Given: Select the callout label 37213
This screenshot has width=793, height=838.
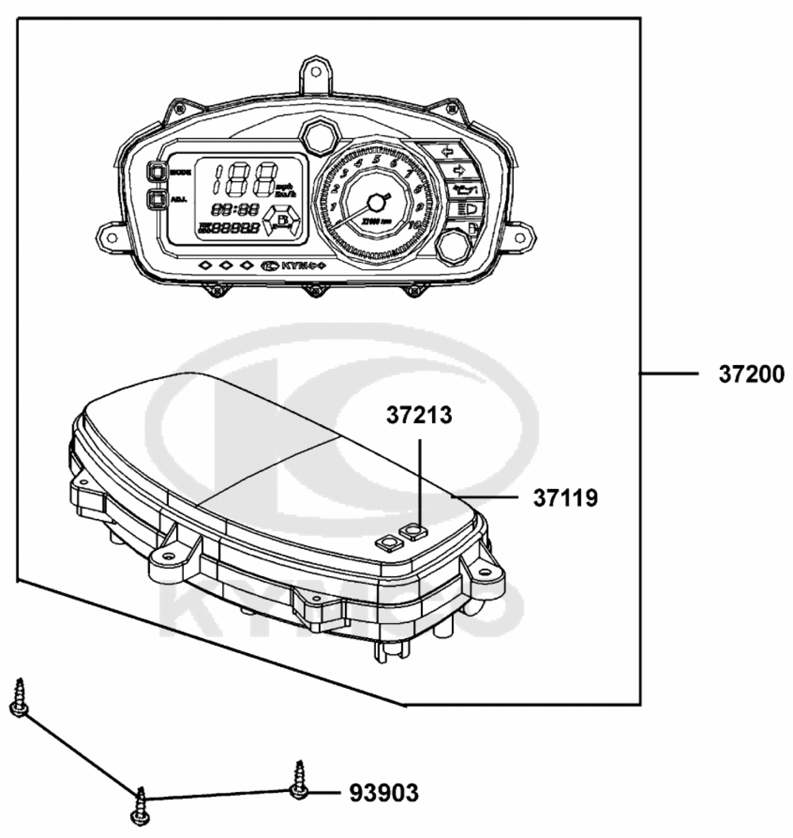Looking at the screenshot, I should [419, 415].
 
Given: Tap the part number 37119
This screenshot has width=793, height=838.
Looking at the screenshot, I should [565, 498].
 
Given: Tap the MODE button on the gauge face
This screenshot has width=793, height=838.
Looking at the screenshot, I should [156, 171].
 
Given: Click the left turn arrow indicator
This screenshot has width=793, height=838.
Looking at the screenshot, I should [446, 150].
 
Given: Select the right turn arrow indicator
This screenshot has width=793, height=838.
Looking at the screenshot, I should [457, 170].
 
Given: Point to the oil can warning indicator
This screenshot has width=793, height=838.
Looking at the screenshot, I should [462, 190].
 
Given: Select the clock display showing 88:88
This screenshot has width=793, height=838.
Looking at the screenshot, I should [236, 209].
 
